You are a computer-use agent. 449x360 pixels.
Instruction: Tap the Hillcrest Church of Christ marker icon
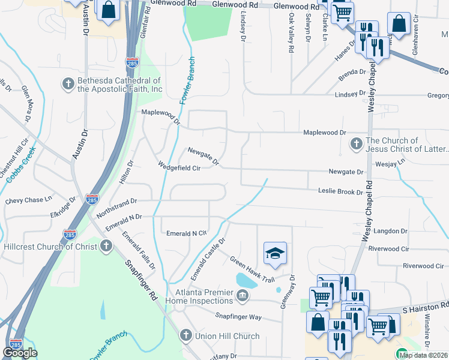(106, 246)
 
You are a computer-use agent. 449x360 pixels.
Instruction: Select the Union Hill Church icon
(186, 336)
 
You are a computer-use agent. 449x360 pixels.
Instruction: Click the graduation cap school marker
(275, 253)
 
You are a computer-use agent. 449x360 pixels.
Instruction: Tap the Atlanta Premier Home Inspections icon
(242, 295)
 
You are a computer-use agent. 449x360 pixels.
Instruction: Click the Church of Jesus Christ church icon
(356, 144)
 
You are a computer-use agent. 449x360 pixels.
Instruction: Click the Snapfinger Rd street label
(141, 279)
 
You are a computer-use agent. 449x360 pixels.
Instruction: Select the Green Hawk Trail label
(252, 269)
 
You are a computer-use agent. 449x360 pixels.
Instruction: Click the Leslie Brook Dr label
(340, 192)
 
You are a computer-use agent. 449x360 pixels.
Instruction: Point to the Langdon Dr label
(390, 231)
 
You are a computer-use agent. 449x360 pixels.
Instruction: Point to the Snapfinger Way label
(238, 316)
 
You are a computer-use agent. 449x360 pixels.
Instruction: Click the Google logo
(20, 353)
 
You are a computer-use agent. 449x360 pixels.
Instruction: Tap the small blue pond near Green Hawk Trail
(246, 280)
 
